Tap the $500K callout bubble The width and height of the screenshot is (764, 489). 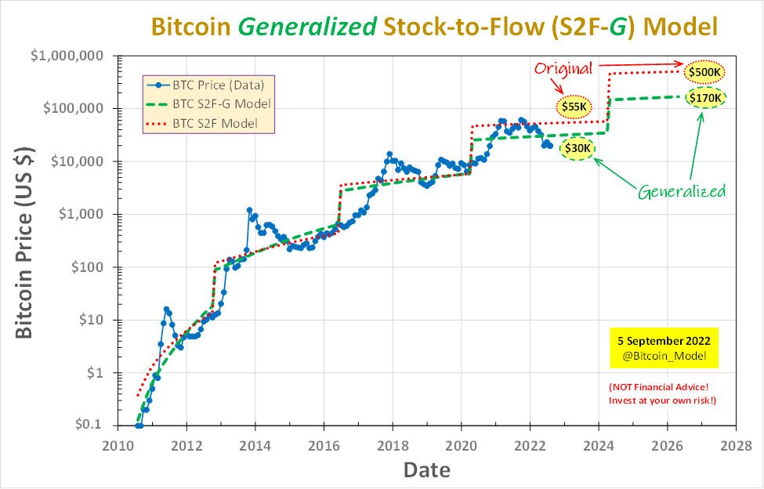point(704,73)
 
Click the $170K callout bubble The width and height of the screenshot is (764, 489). point(704,98)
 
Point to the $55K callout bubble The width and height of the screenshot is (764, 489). point(574,106)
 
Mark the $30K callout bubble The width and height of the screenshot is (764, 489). point(578,148)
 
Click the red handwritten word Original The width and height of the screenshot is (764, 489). point(563,68)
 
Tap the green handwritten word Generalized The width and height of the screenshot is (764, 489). point(682,190)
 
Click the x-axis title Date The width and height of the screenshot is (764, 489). point(426,469)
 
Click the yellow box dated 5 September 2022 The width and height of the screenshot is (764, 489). point(664,348)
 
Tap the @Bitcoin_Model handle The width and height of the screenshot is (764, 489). point(664,356)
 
